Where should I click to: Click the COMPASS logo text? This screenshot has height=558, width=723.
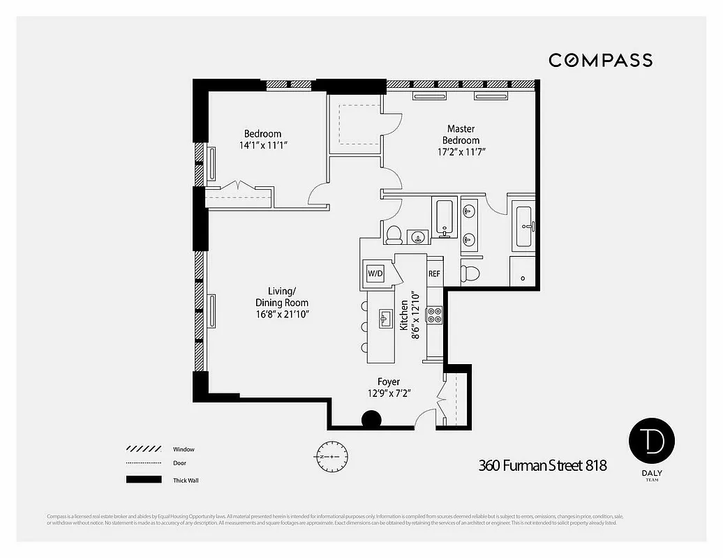click(x=600, y=60)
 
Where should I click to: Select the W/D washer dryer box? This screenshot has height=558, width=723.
click(x=375, y=273)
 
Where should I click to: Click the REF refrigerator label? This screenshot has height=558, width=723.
click(x=434, y=274)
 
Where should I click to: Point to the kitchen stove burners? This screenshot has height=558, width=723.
click(x=434, y=315)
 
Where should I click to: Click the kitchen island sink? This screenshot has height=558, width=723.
click(x=385, y=318)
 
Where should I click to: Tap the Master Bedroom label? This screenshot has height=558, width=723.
click(x=461, y=135)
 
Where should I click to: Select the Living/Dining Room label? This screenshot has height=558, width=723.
click(x=283, y=296)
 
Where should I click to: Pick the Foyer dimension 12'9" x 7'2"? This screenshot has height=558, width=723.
click(x=389, y=393)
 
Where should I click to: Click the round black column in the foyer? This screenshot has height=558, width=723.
click(x=371, y=420)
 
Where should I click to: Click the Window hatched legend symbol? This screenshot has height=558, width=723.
click(x=142, y=449)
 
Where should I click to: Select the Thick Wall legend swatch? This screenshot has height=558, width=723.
click(x=142, y=480)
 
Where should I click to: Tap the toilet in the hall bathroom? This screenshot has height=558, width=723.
click(x=394, y=234)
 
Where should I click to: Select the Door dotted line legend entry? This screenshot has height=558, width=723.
click(x=142, y=464)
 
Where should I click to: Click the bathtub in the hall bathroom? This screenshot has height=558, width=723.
click(x=445, y=217)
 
